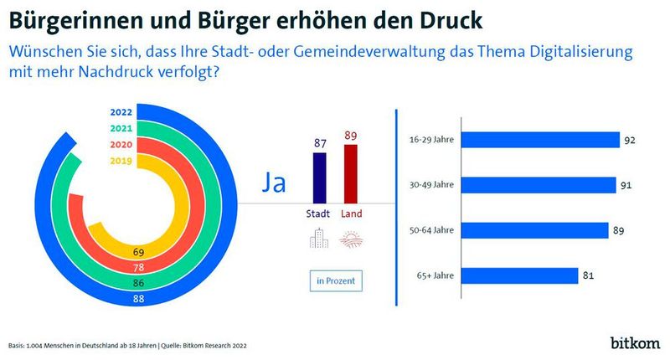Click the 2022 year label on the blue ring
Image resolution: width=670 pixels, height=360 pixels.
click(121, 112)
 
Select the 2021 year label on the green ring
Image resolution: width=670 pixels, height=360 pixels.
click(121, 127)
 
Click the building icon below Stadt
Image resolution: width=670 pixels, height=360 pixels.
click(319, 239)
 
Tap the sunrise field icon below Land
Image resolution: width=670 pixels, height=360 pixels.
click(350, 240)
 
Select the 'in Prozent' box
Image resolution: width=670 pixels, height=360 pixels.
click(334, 280)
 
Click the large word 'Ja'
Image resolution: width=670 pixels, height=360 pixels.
click(274, 183)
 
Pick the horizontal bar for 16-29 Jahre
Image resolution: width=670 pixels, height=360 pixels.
click(540, 140)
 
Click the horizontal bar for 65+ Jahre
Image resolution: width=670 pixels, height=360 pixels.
click(519, 275)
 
